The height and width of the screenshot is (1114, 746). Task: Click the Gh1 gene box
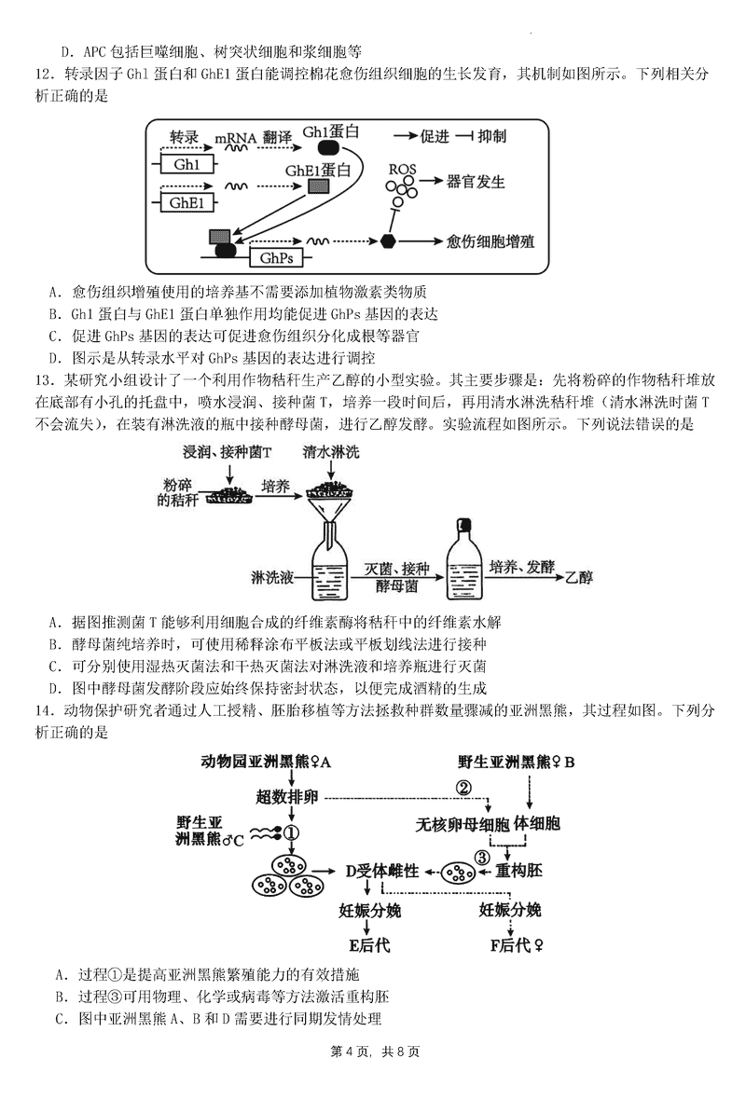click(187, 165)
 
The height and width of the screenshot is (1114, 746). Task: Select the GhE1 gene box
click(188, 202)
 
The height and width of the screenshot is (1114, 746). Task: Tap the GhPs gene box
click(275, 256)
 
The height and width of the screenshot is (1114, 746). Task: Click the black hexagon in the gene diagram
click(389, 241)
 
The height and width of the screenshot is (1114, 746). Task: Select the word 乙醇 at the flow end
click(579, 577)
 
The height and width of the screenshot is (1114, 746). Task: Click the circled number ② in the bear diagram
click(463, 788)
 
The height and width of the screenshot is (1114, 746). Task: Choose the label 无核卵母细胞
click(463, 825)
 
